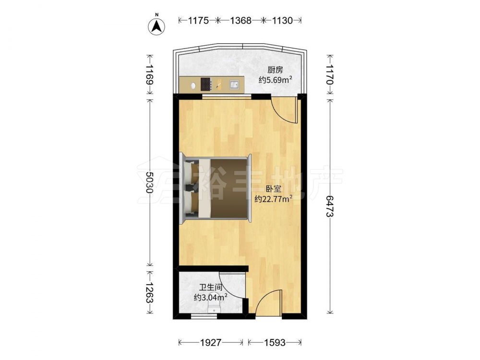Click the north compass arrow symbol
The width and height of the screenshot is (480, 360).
pyautogui.click(x=157, y=26)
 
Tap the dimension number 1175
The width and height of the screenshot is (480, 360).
pyautogui.click(x=198, y=21)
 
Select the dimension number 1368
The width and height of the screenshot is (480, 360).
pyautogui.click(x=240, y=21)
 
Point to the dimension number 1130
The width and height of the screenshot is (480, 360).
pyautogui.click(x=282, y=21)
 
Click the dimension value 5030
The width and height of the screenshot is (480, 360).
pyautogui.click(x=149, y=182)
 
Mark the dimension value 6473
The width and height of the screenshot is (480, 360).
pyautogui.click(x=329, y=206)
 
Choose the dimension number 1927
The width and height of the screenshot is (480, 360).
pyautogui.click(x=211, y=343)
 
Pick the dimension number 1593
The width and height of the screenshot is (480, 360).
pyautogui.click(x=275, y=343)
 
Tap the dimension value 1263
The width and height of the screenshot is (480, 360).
pyautogui.click(x=149, y=292)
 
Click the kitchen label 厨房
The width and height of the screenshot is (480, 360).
pyautogui.click(x=275, y=70)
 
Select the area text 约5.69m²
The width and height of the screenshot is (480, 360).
pyautogui.click(x=275, y=80)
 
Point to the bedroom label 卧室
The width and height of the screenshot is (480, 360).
pyautogui.click(x=274, y=189)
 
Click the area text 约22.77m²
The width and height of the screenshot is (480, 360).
pyautogui.click(x=274, y=199)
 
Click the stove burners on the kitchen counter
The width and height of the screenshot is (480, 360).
pyautogui.click(x=206, y=84)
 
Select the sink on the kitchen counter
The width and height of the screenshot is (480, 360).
pyautogui.click(x=235, y=84)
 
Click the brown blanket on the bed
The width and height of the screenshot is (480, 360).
pyautogui.click(x=229, y=188)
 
